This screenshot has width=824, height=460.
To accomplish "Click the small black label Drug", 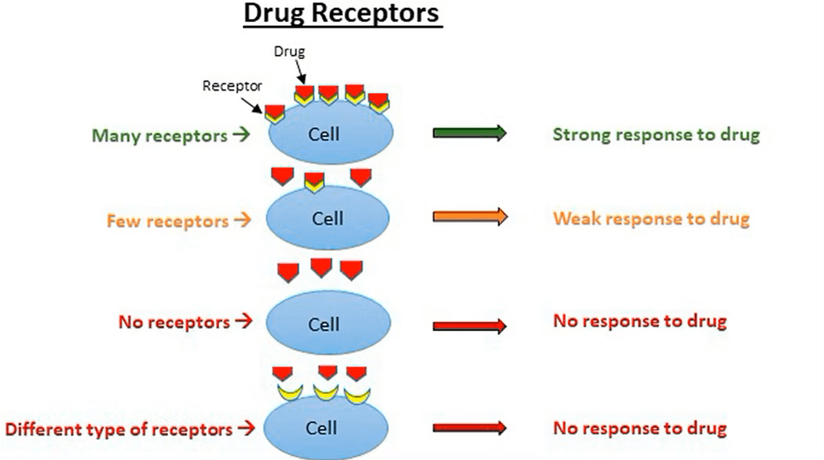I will click(x=288, y=52).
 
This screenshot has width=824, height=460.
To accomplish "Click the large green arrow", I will click(x=470, y=134).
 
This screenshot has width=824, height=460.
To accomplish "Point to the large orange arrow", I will click(x=470, y=218).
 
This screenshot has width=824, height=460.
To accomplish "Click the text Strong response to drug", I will click(x=656, y=134).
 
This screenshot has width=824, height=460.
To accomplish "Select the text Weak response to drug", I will click(x=650, y=218).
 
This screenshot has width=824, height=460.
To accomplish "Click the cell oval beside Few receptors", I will click(x=327, y=219).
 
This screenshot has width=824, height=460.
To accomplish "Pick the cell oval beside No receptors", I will click(x=328, y=325).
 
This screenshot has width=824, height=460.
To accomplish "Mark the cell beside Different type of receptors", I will click(x=324, y=429).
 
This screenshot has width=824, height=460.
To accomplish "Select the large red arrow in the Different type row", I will click(x=470, y=429).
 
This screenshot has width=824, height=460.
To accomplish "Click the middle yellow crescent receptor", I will click(x=326, y=390).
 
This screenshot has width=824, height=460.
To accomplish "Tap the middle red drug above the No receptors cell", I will click(x=321, y=267).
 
